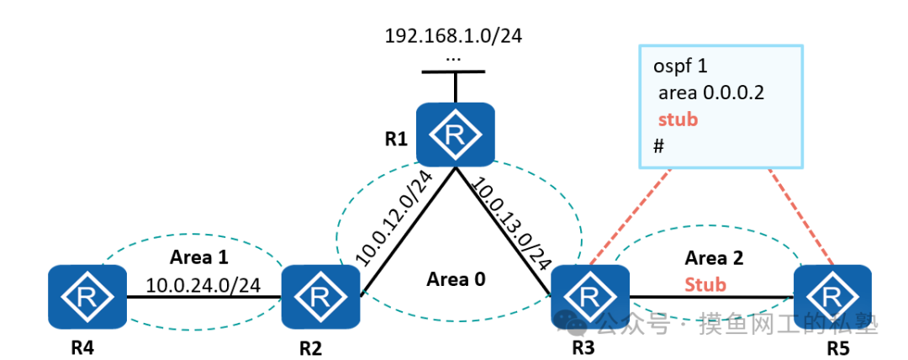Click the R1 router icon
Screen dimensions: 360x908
point(455,135)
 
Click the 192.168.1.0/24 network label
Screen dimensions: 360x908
point(454,36)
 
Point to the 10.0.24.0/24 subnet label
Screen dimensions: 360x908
point(203,285)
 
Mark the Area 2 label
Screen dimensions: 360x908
point(714,258)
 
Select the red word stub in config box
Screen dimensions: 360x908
point(677,119)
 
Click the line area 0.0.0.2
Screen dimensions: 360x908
point(710,93)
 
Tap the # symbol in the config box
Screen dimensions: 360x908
point(659,146)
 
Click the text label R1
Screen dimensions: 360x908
point(395,137)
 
